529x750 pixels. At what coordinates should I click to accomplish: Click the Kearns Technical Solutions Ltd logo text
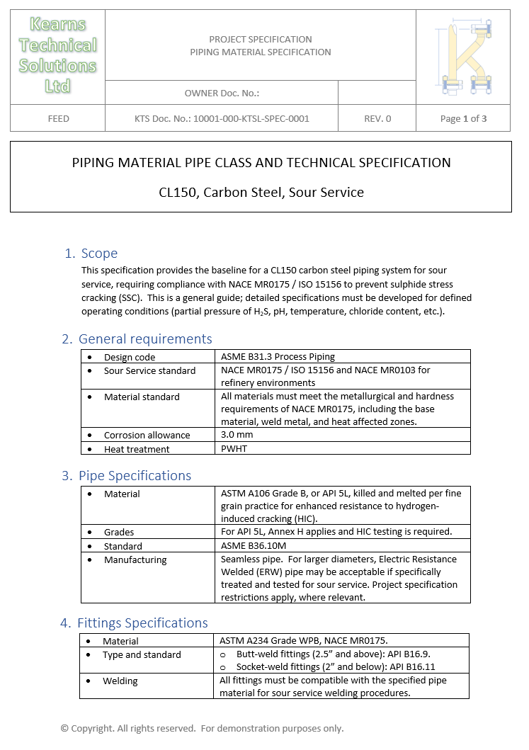57,55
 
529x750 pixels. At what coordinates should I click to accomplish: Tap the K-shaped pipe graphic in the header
463,57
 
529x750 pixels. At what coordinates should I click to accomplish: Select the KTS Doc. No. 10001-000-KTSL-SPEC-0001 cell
222,118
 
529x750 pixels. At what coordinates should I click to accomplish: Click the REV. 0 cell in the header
377,118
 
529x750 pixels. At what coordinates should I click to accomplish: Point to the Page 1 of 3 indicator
463,118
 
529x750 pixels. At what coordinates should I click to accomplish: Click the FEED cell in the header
58,118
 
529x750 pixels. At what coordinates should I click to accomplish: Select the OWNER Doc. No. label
222,93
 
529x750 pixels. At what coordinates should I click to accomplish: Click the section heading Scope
99,254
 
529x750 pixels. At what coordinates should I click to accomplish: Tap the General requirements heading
145,339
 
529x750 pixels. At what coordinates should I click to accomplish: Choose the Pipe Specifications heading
135,476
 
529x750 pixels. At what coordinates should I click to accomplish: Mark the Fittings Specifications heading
142,623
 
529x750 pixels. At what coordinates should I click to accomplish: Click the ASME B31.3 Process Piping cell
278,357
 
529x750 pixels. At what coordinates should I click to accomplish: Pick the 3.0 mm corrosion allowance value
237,435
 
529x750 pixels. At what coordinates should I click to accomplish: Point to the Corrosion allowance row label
147,435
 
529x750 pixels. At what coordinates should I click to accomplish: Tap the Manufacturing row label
135,559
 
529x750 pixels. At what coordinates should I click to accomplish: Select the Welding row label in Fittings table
120,681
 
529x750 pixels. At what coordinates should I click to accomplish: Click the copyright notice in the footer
202,728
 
